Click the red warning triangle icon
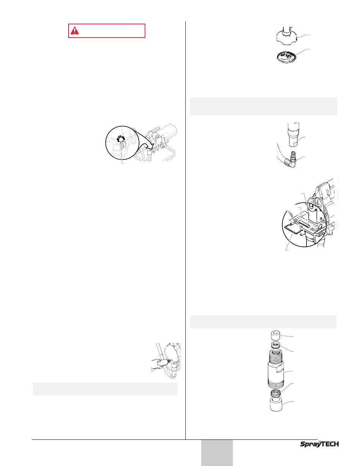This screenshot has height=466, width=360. [x=74, y=31]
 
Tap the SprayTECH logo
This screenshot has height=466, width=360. [x=319, y=444]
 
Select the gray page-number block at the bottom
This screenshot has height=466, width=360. [x=217, y=453]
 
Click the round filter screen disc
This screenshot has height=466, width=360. [x=286, y=57]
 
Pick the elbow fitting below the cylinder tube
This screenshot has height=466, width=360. [x=290, y=160]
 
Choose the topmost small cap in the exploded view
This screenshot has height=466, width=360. [x=276, y=336]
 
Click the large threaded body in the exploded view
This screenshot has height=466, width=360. [x=276, y=369]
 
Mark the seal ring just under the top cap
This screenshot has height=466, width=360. [x=276, y=345]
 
